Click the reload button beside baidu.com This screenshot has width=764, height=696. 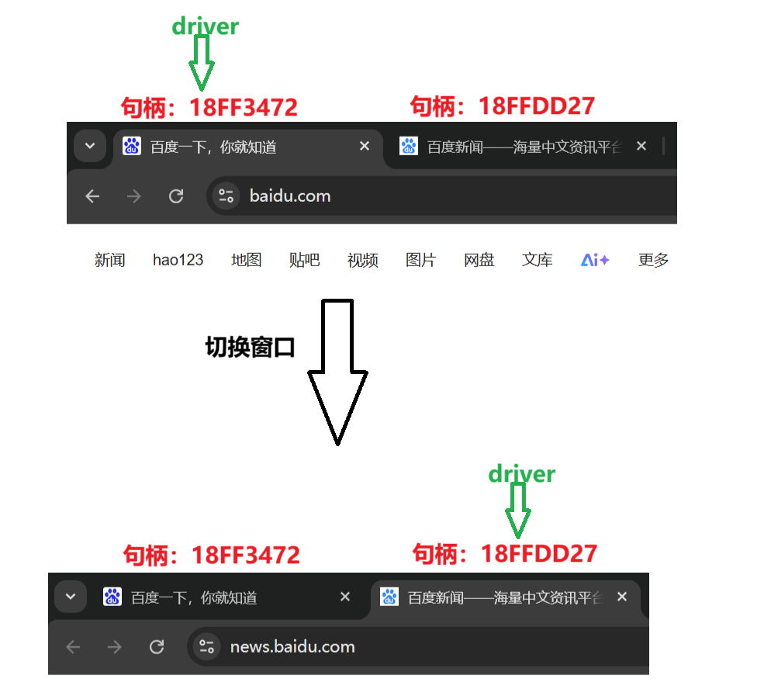[176, 196]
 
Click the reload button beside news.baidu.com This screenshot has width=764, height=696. [157, 647]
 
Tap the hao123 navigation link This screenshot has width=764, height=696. [178, 260]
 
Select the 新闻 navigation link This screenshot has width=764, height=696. [109, 260]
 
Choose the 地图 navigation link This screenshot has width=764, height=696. [247, 260]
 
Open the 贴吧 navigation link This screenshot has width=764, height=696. [304, 260]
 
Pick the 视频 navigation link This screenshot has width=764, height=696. [362, 260]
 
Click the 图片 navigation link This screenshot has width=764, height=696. [421, 260]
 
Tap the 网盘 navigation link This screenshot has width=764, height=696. [479, 260]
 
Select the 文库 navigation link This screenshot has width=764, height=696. [538, 260]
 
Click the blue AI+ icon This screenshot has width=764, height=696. [595, 260]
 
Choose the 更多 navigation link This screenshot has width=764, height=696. [653, 260]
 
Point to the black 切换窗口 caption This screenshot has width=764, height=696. [251, 348]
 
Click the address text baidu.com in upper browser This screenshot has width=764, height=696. [290, 196]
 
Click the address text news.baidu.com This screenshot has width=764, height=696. [292, 647]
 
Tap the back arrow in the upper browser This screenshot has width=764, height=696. [92, 196]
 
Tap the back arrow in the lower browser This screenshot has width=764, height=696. [74, 647]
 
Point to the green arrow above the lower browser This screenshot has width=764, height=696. [518, 512]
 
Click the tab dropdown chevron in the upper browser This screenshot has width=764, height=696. [90, 146]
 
